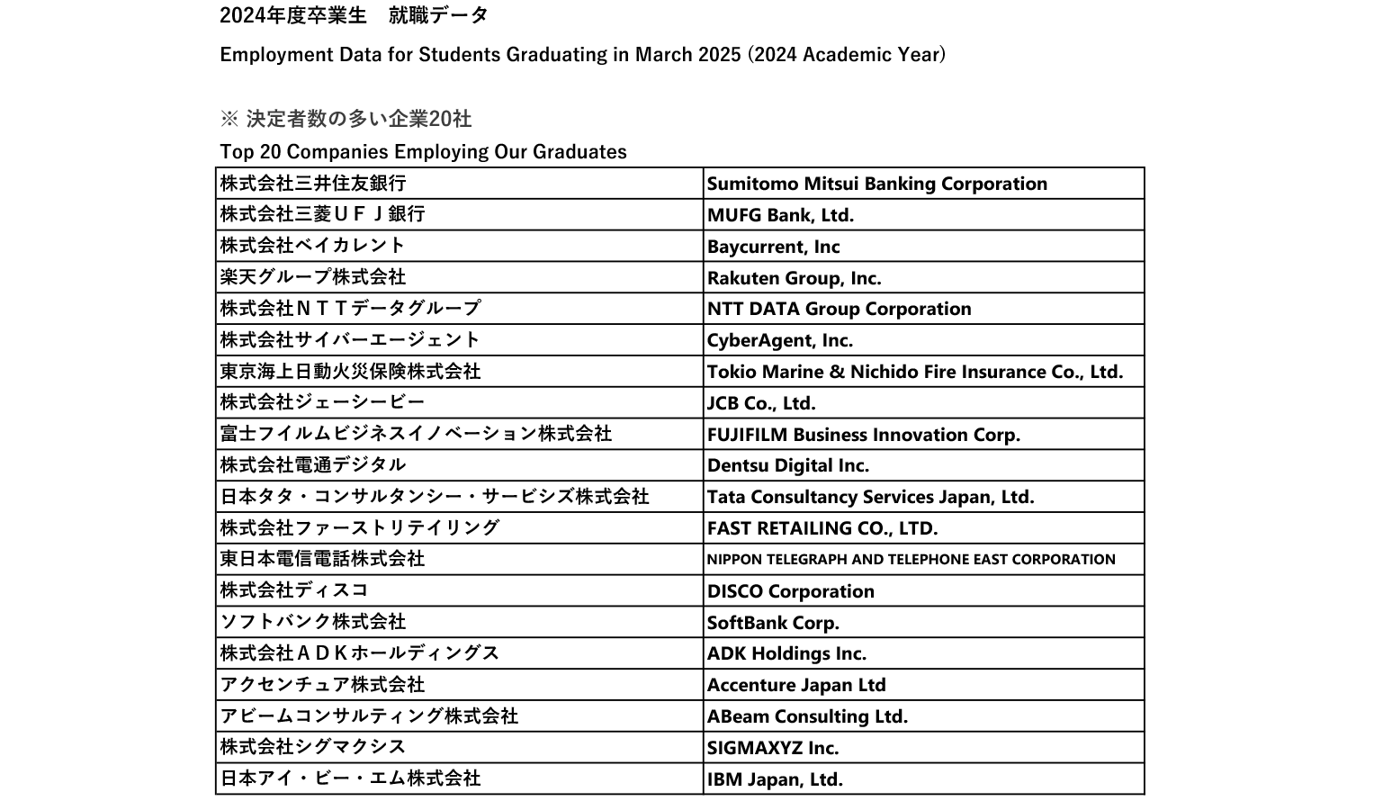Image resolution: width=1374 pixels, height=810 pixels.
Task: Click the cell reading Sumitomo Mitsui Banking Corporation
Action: (876, 184)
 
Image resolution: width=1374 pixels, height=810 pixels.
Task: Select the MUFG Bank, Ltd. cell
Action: (780, 215)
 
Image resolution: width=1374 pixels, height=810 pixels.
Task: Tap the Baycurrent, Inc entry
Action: (773, 247)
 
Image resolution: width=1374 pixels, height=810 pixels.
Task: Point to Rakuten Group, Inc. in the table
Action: (794, 278)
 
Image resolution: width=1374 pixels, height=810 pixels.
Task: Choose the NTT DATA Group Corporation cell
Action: (839, 309)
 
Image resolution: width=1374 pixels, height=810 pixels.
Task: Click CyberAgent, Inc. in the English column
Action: (779, 340)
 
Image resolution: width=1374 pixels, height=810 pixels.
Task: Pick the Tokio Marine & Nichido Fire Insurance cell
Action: (914, 372)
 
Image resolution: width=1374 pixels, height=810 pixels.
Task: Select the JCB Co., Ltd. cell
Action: (761, 403)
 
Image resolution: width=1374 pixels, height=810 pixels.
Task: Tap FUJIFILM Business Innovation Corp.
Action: (863, 435)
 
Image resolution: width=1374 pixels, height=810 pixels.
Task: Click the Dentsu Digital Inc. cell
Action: (787, 465)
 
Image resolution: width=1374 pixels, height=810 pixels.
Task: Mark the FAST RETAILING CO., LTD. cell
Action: (822, 528)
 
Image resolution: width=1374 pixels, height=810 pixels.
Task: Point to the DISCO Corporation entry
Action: (790, 591)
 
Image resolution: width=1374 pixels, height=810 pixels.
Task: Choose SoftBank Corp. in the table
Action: (773, 623)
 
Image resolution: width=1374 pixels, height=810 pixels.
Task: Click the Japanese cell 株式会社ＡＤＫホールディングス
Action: (360, 653)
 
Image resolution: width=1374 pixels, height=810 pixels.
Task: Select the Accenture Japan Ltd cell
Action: (795, 685)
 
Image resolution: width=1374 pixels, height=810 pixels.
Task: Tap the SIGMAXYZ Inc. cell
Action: (772, 748)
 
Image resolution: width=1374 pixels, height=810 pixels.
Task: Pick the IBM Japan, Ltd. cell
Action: (775, 779)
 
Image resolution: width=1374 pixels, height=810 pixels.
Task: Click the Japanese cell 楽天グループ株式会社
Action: (313, 277)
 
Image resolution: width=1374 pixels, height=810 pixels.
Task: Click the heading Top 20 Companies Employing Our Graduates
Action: (423, 151)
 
